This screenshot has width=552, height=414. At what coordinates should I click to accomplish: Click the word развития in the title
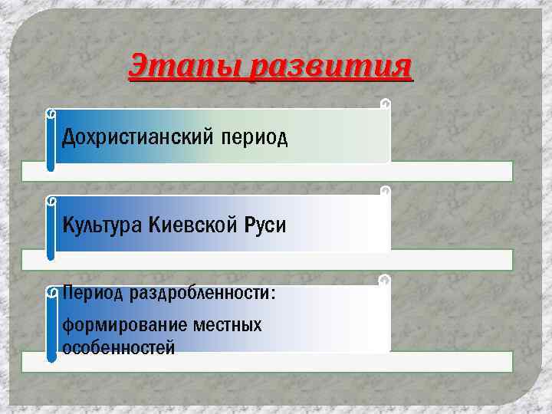[332, 66]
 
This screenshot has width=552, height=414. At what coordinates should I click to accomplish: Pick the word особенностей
[118, 348]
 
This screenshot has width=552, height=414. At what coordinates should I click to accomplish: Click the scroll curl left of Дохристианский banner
[51, 113]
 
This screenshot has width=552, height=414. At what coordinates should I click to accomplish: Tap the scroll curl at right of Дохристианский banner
[386, 103]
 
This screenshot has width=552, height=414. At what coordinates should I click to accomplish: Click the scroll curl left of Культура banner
[51, 201]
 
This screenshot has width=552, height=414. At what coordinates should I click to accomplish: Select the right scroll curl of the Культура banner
[386, 191]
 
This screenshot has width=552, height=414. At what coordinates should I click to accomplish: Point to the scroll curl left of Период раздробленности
[51, 292]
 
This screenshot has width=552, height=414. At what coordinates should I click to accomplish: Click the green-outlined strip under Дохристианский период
[452, 171]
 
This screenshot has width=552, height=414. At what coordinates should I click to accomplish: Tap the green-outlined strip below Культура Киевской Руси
[452, 260]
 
